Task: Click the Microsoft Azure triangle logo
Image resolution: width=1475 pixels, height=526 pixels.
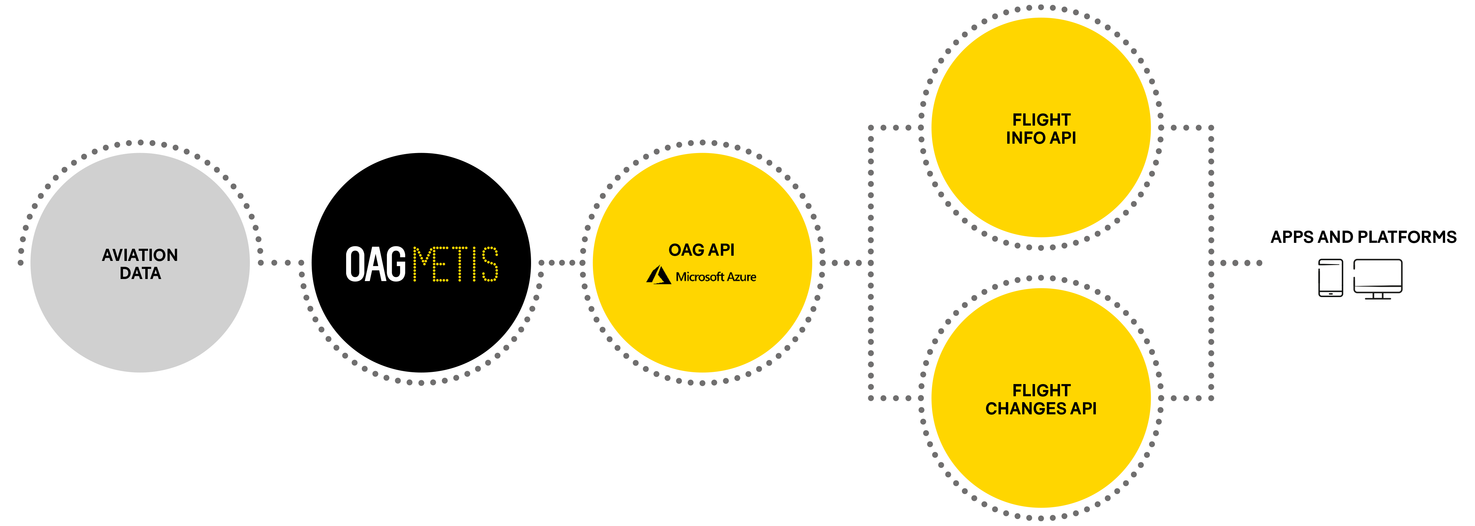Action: point(659,276)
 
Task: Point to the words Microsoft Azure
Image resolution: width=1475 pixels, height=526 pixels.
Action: point(716,277)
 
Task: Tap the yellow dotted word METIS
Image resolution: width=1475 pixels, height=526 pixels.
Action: point(455,264)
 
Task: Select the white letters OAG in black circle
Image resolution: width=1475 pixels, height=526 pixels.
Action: point(375,264)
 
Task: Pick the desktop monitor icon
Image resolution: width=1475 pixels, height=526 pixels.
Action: point(1378,278)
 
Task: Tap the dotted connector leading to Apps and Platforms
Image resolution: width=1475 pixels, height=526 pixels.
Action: point(1240,263)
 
